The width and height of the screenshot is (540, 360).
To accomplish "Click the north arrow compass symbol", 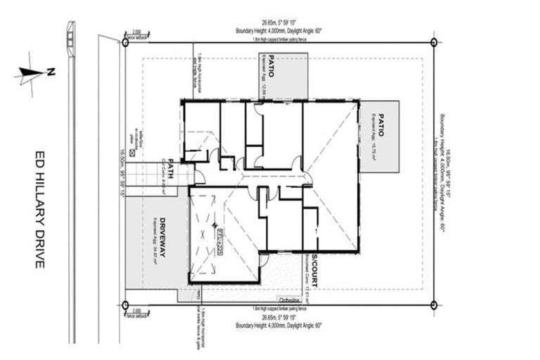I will (30, 73).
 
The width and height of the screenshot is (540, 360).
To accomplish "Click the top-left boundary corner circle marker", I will (126, 42).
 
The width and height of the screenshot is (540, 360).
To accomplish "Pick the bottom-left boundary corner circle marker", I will (126, 305).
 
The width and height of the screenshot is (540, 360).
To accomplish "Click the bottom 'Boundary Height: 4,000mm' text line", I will (278, 326).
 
